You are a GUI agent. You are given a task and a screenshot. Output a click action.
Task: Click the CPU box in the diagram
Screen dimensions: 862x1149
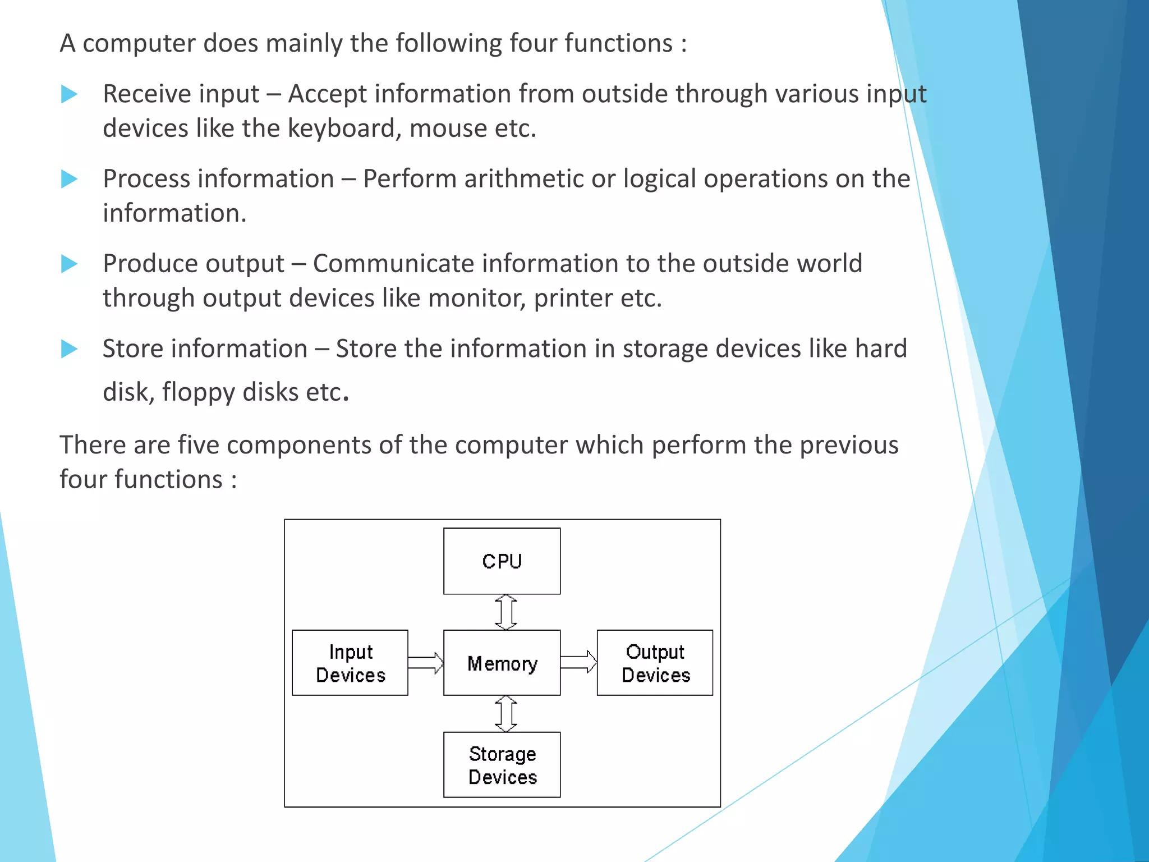(x=502, y=561)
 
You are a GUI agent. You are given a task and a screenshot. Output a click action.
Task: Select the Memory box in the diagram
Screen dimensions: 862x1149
(x=502, y=663)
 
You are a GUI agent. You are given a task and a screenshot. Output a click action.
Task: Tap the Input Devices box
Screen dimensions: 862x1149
(x=350, y=663)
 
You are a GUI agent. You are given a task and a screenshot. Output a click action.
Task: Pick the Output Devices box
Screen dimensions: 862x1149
(x=655, y=663)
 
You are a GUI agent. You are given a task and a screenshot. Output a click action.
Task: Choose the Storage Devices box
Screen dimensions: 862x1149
(x=502, y=764)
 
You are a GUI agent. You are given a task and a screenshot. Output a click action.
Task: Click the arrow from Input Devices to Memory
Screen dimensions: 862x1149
(x=425, y=663)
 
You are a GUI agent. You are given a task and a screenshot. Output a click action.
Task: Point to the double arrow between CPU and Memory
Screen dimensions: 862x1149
(x=505, y=612)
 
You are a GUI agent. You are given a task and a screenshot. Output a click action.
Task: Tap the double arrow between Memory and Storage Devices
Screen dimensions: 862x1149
(x=505, y=714)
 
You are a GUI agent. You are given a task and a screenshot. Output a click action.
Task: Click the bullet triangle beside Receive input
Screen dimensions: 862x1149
(x=68, y=94)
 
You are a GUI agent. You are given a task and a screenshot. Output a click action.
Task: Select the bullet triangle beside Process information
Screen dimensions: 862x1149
(x=68, y=179)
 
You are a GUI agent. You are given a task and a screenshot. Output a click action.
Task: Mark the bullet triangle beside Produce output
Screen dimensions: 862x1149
(x=68, y=264)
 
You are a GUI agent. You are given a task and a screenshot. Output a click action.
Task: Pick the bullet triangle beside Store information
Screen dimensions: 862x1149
(x=68, y=349)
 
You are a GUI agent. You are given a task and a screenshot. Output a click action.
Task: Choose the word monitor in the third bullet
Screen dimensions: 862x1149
(x=477, y=298)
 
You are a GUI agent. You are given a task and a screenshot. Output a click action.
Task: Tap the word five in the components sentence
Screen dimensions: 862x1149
(x=199, y=445)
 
